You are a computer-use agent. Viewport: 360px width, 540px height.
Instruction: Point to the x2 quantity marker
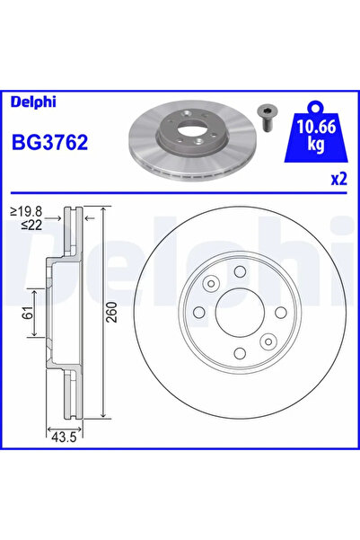pos(338,179)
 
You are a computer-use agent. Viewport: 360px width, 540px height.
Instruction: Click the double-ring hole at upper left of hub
pos(210,284)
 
